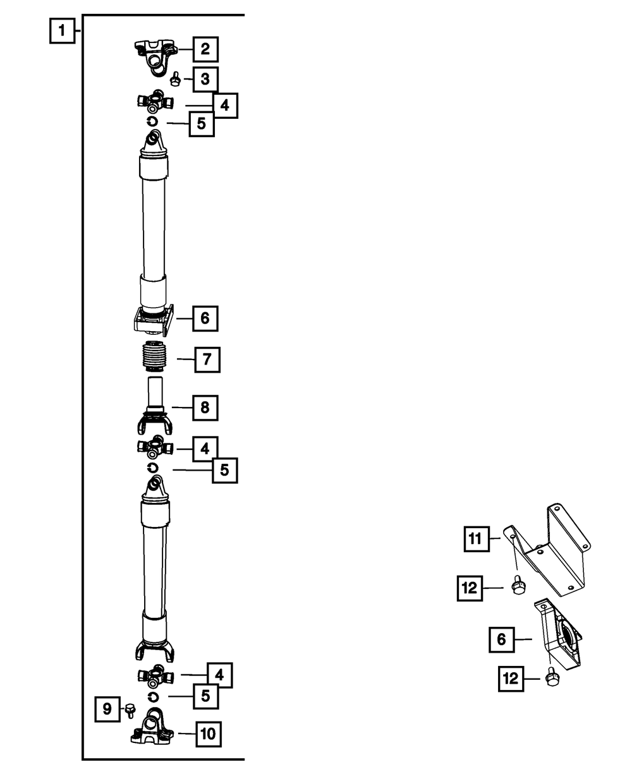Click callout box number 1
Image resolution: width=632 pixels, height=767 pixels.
(61, 31)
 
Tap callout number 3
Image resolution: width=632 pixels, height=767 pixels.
(205, 80)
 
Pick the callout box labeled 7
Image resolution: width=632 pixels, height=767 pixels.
(207, 359)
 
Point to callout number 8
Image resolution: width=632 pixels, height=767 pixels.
(205, 408)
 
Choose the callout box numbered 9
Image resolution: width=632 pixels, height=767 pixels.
(107, 710)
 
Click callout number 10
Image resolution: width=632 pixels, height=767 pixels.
(208, 734)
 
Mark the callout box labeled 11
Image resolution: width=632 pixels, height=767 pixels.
(475, 539)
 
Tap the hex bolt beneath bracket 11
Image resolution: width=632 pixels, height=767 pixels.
(516, 587)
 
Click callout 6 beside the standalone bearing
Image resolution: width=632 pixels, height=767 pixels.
(501, 639)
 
